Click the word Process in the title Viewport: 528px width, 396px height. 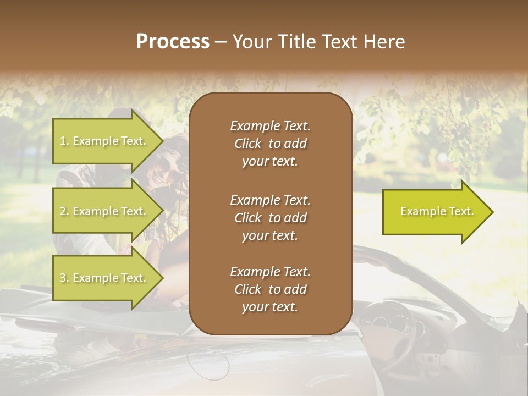coord(173,42)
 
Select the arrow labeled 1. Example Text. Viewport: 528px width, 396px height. coord(105,141)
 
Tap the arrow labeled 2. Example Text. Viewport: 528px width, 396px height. coord(105,211)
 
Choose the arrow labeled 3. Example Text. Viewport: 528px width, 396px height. coord(105,278)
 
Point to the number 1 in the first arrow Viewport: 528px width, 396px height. coord(62,141)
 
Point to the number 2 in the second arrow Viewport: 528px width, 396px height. coord(63,211)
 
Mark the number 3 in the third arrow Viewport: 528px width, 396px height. coord(63,278)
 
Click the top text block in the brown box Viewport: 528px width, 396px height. coord(270,144)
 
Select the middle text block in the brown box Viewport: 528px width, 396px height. coord(270,217)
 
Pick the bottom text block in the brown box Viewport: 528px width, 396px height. coord(270,289)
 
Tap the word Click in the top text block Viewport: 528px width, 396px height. coord(248,144)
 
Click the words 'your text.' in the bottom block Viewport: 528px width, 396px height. coord(270,307)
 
